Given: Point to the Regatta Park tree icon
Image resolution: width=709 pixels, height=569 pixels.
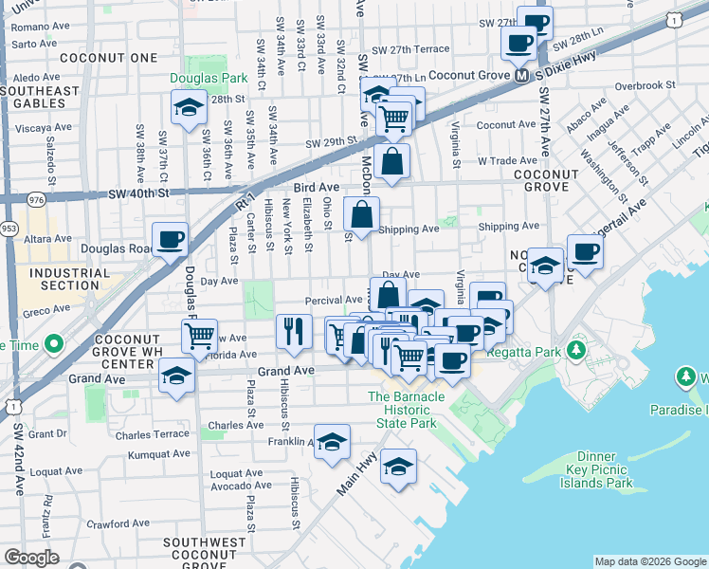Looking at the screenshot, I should (x=575, y=352).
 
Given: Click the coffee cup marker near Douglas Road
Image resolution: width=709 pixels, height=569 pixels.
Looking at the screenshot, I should (x=170, y=239).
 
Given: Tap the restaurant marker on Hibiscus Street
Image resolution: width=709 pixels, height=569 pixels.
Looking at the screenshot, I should (x=294, y=330).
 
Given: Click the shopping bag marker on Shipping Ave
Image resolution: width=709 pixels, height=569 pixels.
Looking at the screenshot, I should (x=361, y=213).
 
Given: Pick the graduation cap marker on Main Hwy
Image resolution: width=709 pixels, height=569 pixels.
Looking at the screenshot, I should (x=399, y=467).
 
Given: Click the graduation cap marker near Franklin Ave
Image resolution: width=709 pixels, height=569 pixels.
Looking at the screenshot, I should (x=332, y=442).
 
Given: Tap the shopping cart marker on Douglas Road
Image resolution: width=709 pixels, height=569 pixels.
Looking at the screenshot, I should (x=199, y=336).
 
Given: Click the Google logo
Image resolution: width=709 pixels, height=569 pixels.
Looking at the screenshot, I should (x=30, y=558).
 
